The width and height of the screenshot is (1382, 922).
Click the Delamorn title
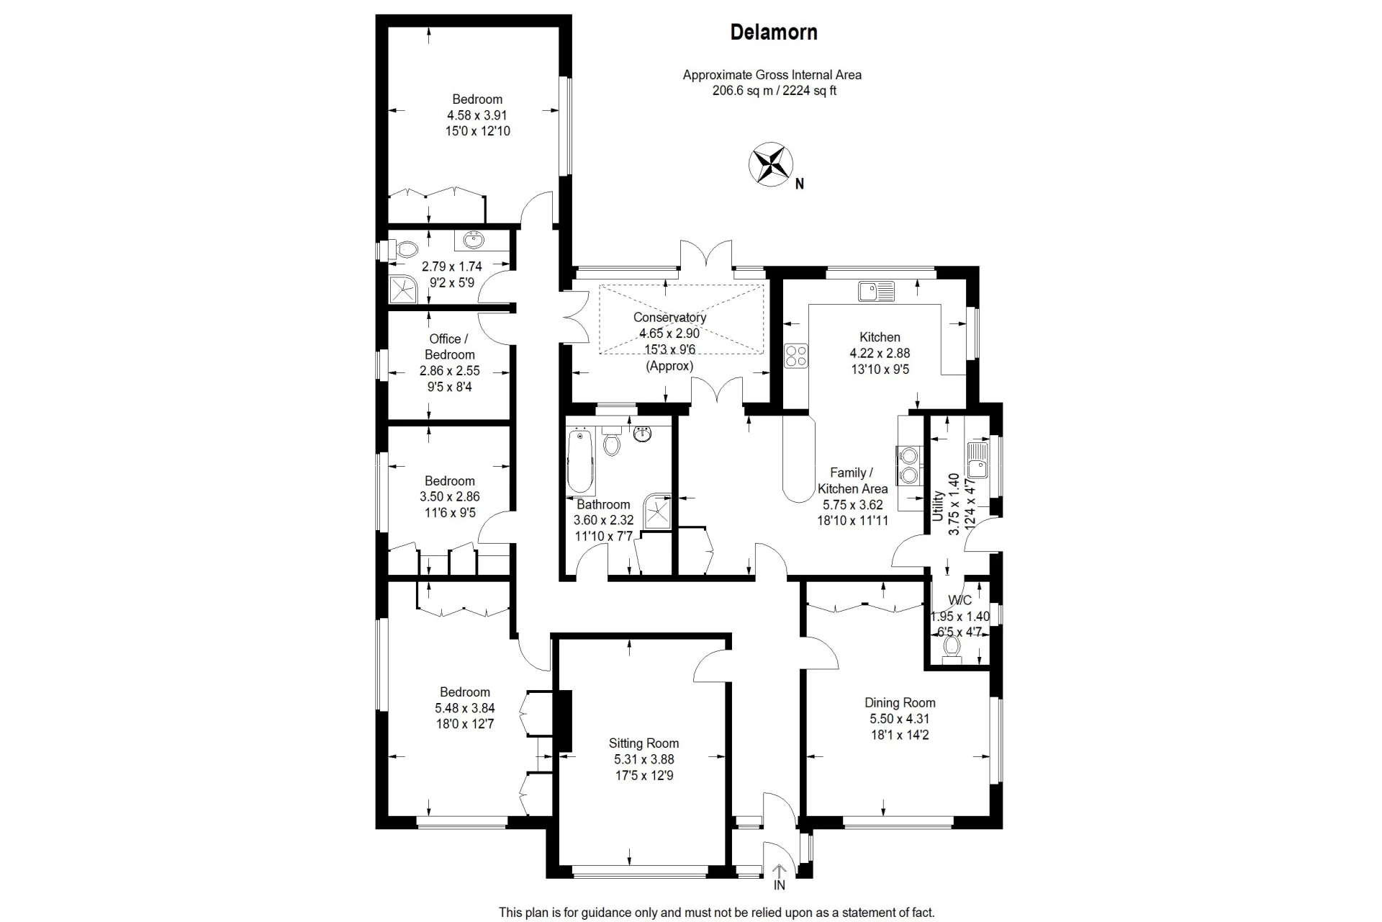pos(774,32)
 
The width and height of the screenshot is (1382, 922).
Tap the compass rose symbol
pos(771,164)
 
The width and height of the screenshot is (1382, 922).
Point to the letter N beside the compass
pos(799,184)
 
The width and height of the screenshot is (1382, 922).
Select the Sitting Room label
pos(643,743)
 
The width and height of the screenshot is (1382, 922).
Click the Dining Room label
pos(900,702)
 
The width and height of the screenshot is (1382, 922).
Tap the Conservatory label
pos(669,317)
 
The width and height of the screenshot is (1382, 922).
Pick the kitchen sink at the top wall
pos(876,291)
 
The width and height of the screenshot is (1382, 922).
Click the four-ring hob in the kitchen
pos(795,356)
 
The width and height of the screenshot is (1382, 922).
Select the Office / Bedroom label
pos(449,346)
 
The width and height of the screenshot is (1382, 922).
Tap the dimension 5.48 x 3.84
pos(465,708)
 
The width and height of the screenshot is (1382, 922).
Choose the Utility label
pos(937,506)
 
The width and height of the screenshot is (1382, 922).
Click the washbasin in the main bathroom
pos(643,434)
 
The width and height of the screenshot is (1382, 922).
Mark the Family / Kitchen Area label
pos(852,480)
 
